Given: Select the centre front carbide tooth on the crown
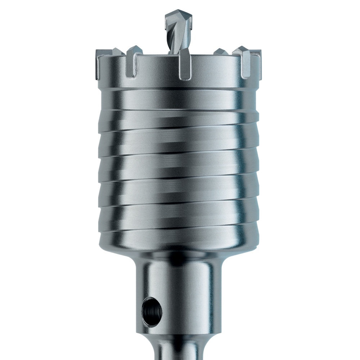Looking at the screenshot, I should [185, 65].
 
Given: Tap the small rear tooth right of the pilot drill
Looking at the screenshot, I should [220, 52].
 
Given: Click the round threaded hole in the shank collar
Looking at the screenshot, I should [152, 309].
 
